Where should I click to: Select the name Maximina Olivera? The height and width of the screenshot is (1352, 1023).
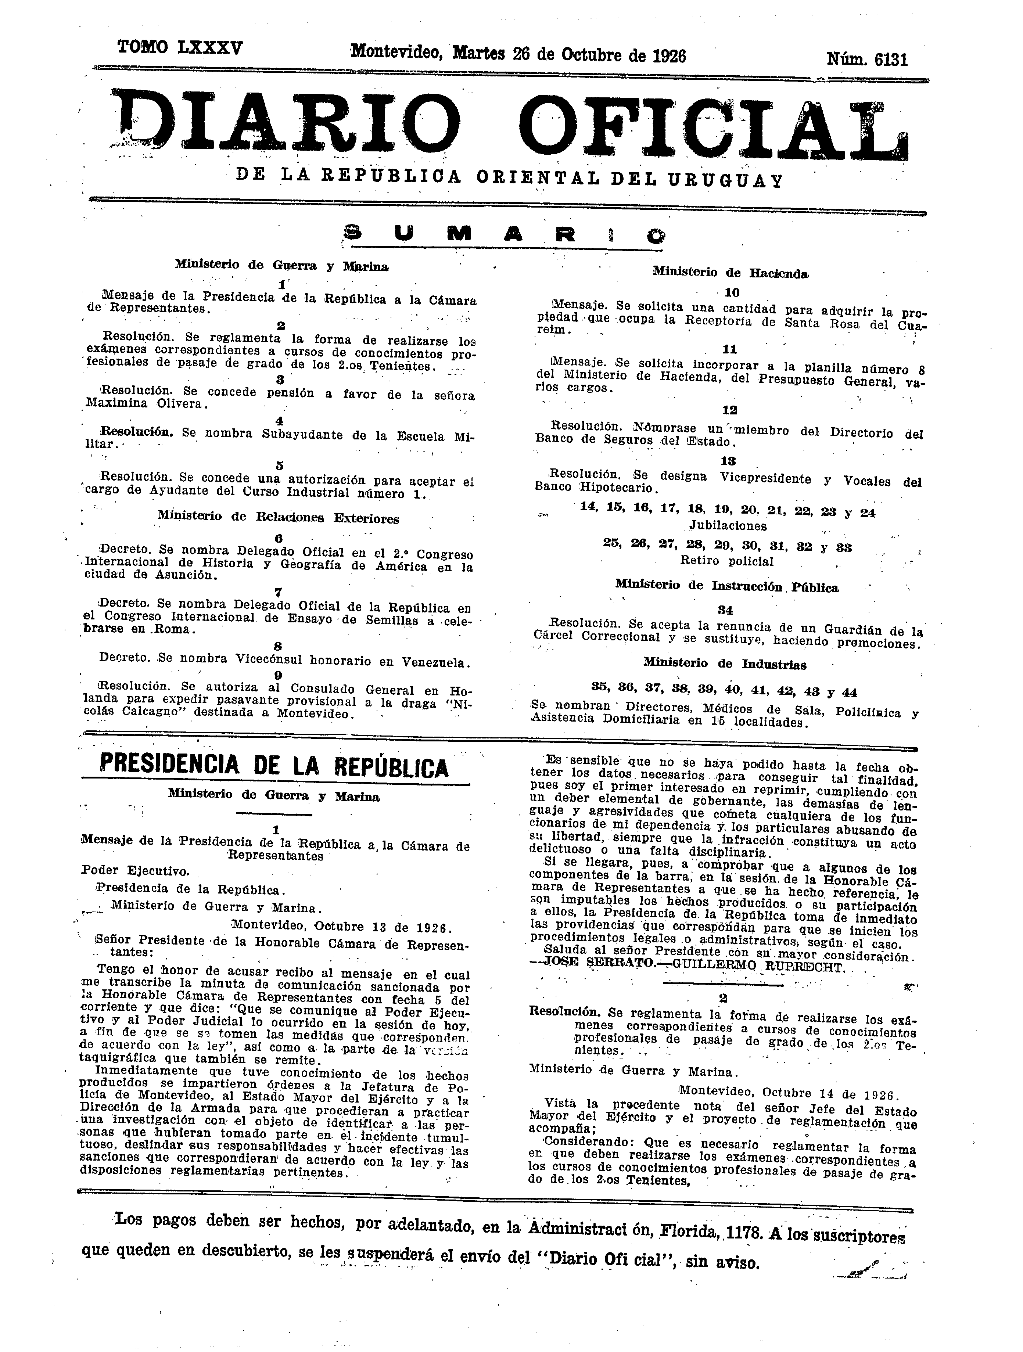click(x=147, y=404)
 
